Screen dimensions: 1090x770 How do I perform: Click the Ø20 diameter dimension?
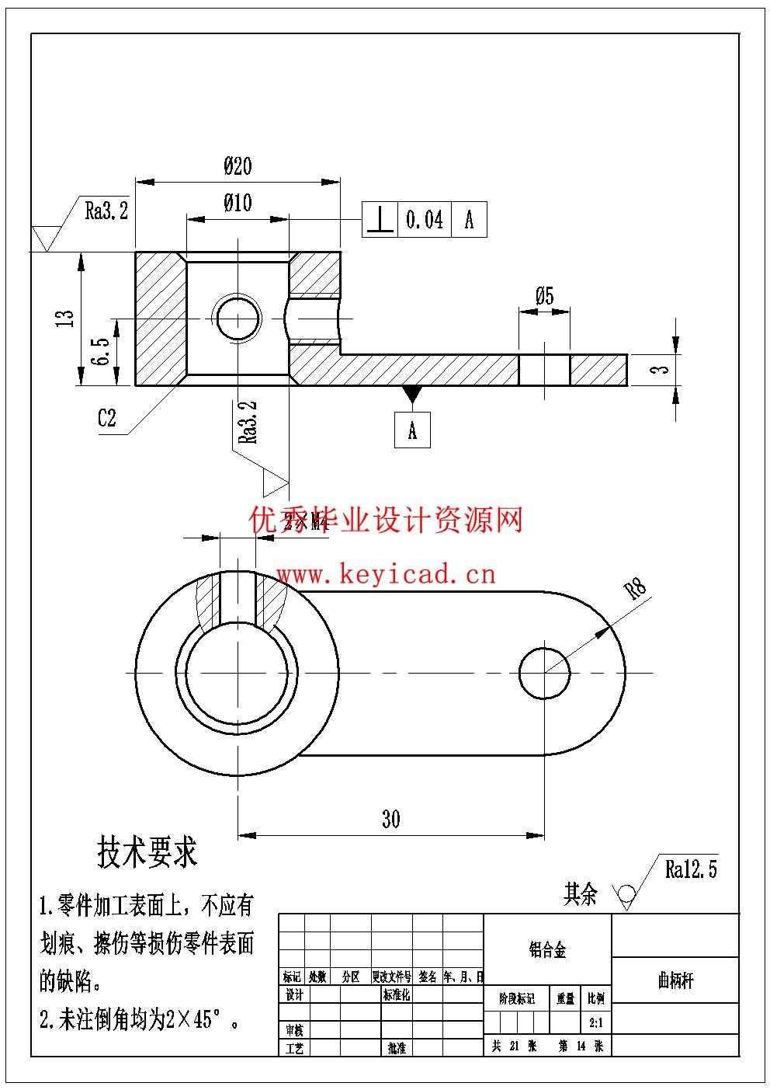click(238, 165)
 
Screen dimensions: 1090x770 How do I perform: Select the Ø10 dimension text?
click(238, 203)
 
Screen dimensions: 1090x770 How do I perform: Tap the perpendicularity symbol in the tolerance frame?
click(380, 220)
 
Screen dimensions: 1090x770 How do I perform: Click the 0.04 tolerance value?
click(425, 220)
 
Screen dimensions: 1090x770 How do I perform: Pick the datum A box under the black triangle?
click(412, 430)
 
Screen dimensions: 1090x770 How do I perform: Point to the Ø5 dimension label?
click(544, 296)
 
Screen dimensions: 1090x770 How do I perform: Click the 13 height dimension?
click(66, 318)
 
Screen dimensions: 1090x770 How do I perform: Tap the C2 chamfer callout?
click(106, 418)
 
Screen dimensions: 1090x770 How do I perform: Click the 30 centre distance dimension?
click(390, 819)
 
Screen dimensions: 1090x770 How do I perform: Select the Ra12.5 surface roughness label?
click(691, 869)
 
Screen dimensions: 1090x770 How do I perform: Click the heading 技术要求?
click(147, 852)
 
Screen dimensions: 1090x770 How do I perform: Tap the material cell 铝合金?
click(548, 949)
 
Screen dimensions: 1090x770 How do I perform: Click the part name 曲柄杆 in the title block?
click(675, 980)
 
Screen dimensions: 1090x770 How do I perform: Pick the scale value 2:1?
click(596, 1023)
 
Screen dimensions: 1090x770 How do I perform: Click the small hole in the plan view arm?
click(544, 672)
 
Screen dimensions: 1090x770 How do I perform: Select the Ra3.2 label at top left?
click(106, 211)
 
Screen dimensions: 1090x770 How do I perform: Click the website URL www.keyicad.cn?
click(386, 574)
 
